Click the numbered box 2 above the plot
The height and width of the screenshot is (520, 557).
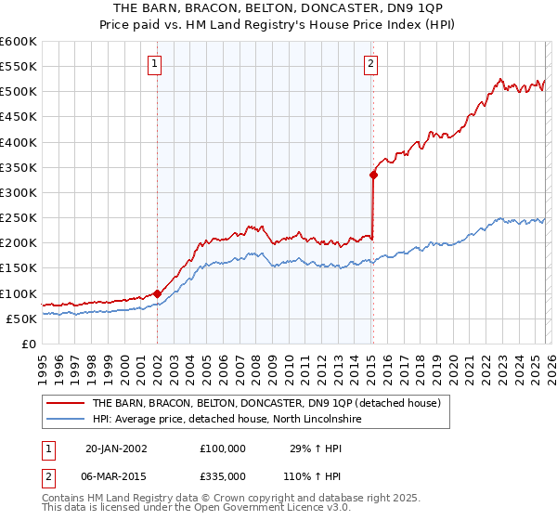(x=371, y=64)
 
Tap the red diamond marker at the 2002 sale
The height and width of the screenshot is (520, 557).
(x=157, y=293)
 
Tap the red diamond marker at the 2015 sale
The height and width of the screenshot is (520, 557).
(x=373, y=175)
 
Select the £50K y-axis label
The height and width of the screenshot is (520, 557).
(x=21, y=318)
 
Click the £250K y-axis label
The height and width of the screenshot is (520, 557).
(x=19, y=217)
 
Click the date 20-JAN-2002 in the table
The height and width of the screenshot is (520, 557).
(x=116, y=448)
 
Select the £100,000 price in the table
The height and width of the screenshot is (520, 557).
(x=223, y=448)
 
